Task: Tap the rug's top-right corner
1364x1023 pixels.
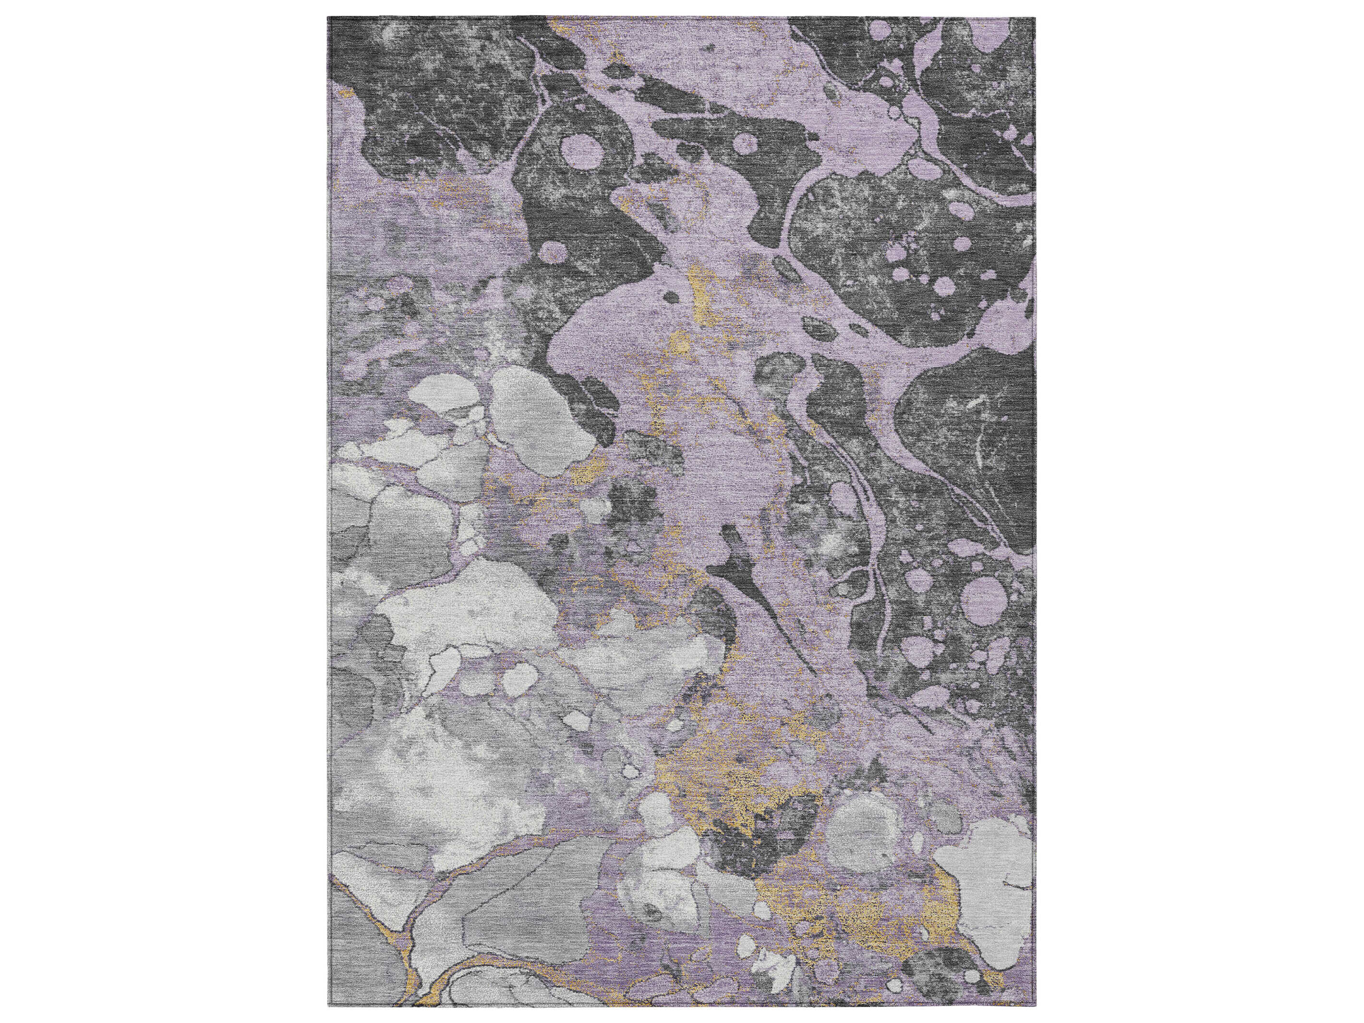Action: [1035, 17]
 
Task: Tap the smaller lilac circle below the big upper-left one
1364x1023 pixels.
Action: [553, 251]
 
